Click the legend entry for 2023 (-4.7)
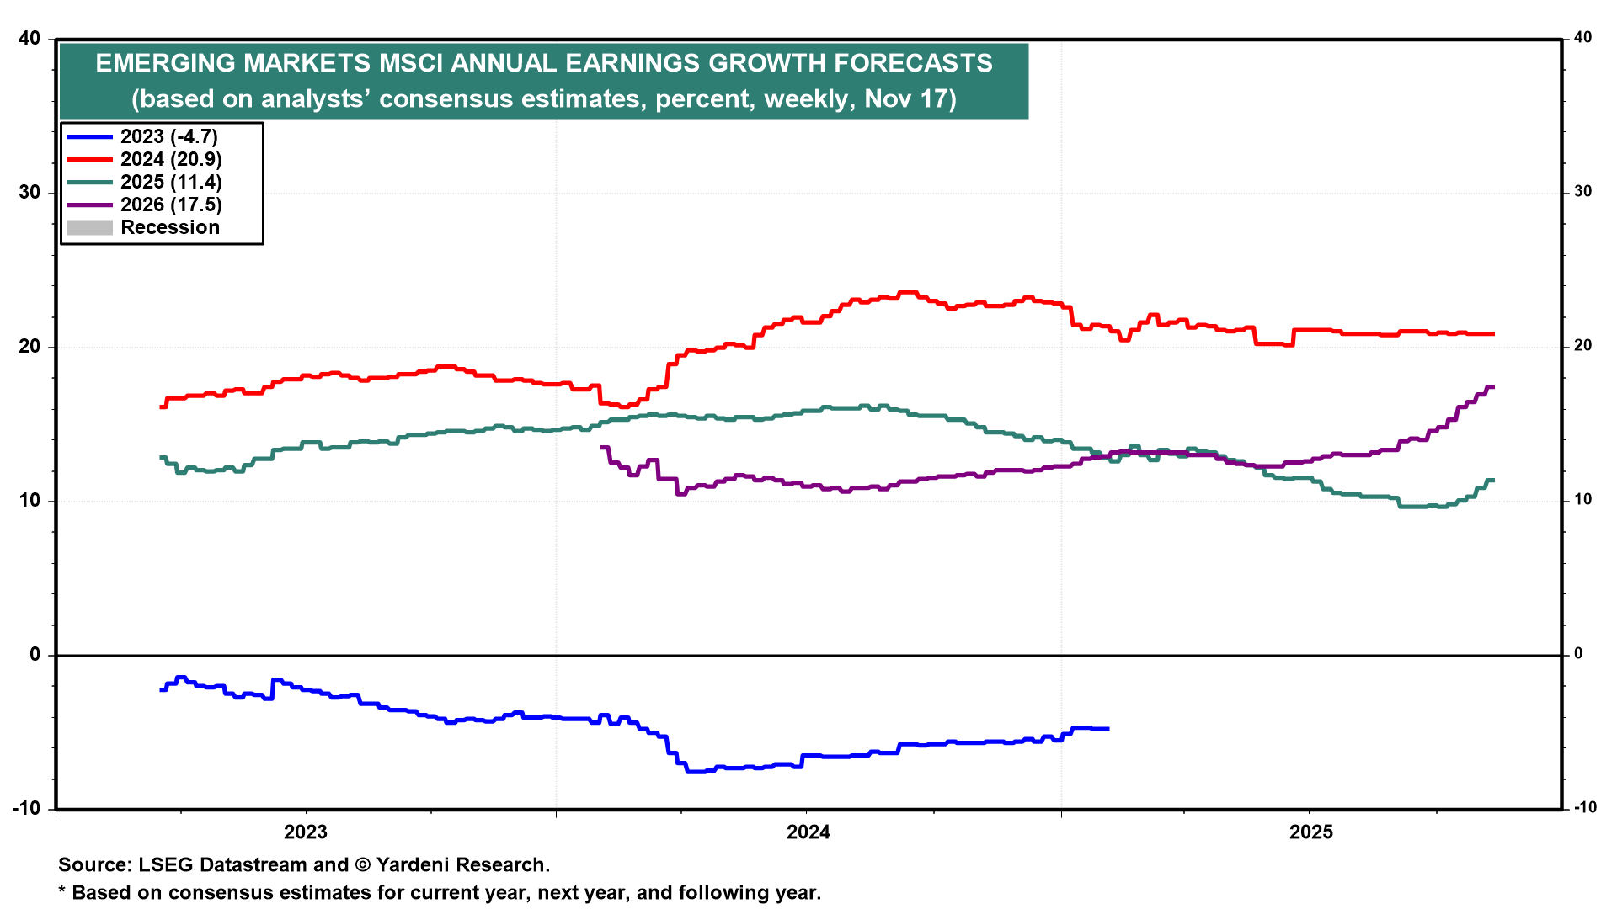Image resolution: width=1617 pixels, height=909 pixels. tap(168, 137)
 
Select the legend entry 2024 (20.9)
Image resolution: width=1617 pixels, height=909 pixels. tap(170, 160)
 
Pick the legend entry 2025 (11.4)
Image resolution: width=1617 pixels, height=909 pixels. tap(170, 183)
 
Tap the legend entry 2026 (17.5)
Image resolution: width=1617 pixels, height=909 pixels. tap(170, 205)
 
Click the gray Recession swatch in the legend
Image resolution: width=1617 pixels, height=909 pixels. tap(89, 228)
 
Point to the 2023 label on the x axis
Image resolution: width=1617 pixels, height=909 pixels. tap(305, 832)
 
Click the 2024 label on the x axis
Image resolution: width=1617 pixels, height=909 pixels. tap(808, 832)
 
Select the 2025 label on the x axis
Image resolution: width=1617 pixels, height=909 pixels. tap(1311, 832)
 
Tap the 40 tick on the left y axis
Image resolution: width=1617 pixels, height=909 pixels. tap(29, 38)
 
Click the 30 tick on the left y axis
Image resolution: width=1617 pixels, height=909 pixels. tap(29, 192)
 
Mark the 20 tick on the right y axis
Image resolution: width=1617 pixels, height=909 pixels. tap(1582, 346)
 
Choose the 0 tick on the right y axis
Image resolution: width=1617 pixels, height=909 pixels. tap(1578, 654)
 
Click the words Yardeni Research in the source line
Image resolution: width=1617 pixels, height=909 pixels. tap(462, 865)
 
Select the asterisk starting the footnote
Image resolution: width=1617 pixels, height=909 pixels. tap(61, 891)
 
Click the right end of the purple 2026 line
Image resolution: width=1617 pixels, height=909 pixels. tap(1493, 387)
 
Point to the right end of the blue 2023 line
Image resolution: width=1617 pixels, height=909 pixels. tap(1108, 729)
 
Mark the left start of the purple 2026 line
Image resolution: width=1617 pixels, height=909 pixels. tap(602, 448)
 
